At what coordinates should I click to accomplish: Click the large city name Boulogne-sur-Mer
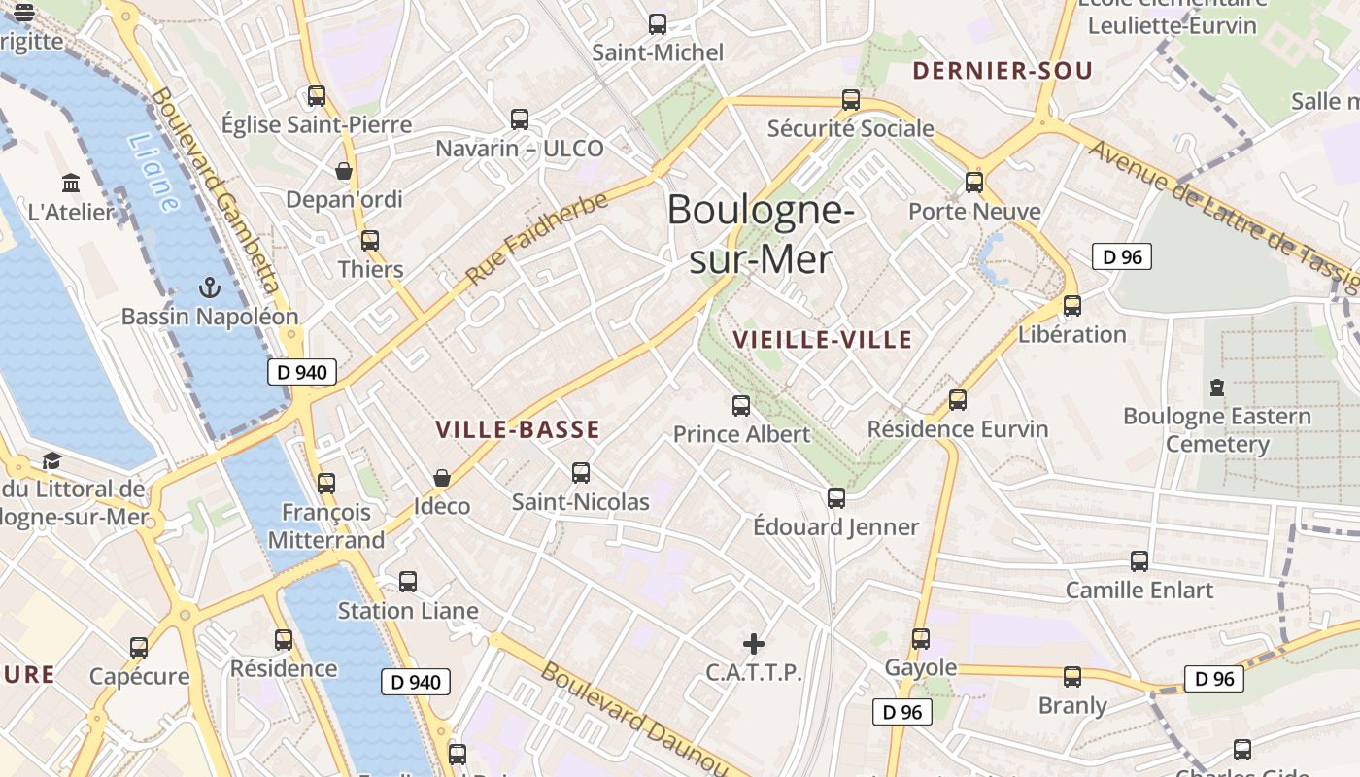point(761,234)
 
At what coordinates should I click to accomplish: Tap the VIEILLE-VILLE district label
point(822,339)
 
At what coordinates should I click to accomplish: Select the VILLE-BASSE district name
point(517,429)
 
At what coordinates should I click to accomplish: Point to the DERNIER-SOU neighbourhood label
point(1003,70)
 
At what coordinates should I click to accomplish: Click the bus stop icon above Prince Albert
point(741,406)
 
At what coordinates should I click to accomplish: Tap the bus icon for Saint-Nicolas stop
point(581,473)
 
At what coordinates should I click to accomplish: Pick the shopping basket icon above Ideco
point(442,478)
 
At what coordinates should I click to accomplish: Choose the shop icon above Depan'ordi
point(344,171)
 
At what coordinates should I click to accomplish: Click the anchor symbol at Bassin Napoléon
point(209,287)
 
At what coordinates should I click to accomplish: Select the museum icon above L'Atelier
point(71,183)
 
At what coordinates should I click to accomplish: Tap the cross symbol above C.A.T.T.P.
point(754,643)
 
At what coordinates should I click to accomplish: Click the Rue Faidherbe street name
point(537,238)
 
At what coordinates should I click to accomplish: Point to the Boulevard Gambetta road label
point(216,190)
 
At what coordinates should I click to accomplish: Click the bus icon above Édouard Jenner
point(836,498)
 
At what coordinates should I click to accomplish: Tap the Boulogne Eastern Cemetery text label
point(1217,430)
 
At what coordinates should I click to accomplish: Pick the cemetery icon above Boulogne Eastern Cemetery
point(1217,388)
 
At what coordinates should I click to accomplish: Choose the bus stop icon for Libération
point(1072,305)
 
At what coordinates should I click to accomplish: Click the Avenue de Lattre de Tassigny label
point(1224,216)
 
